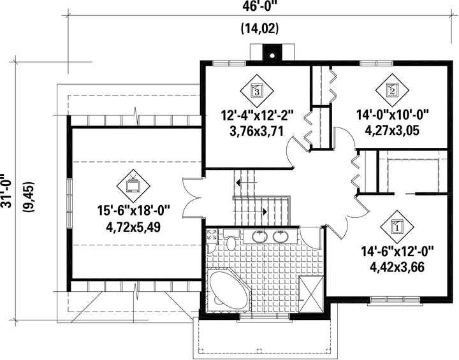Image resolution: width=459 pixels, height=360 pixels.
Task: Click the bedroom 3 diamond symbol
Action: [x=257, y=91]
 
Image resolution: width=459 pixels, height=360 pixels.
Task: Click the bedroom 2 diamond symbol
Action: [x=392, y=90]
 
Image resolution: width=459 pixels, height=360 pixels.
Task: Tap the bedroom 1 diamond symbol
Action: [x=397, y=227]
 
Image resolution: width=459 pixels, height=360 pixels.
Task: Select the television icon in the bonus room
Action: [x=133, y=185]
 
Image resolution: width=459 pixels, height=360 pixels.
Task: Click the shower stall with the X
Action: [x=311, y=294]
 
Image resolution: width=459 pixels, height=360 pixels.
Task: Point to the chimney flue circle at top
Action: [x=272, y=55]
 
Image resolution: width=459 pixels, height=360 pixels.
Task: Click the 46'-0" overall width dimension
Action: [x=259, y=6]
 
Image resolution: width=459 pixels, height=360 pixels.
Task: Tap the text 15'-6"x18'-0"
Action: [x=133, y=210]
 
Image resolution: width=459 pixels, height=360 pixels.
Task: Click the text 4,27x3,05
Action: [x=392, y=129]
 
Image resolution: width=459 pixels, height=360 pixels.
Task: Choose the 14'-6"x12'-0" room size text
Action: [x=397, y=251]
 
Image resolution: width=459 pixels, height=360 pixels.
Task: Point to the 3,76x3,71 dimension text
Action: [x=257, y=131]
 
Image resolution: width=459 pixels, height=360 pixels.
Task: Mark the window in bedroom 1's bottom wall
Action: [x=395, y=300]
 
